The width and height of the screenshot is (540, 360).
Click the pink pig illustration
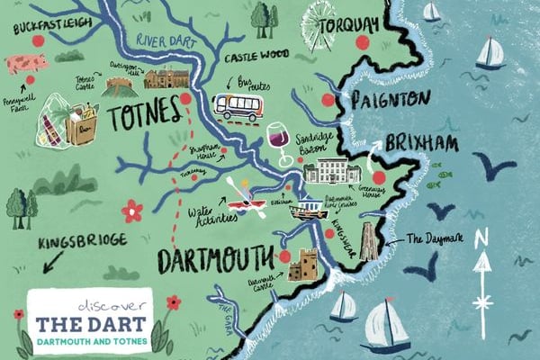click(24, 64)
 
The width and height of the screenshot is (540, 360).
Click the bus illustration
click(238, 107)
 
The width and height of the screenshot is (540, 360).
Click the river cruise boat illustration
click(307, 210)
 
